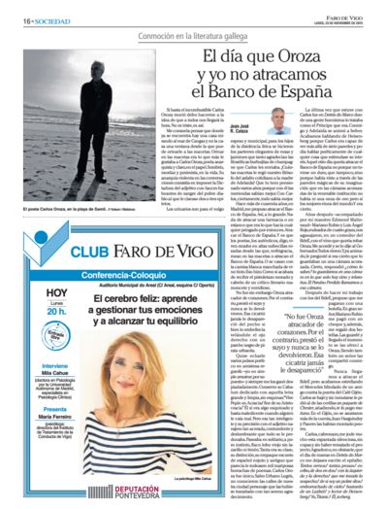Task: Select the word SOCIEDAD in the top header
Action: click(38, 6)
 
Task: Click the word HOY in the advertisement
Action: click(29, 264)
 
